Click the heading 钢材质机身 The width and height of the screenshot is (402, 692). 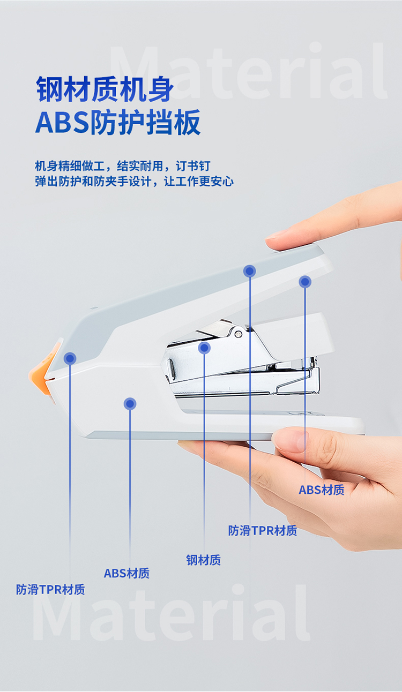click(x=105, y=89)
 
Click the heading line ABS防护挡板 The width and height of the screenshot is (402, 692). click(x=118, y=122)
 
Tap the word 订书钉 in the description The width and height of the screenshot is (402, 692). click(x=193, y=166)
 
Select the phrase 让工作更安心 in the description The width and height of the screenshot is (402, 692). click(x=199, y=182)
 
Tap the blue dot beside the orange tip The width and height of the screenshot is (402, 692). click(x=70, y=358)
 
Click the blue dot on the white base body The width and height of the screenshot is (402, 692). click(x=130, y=404)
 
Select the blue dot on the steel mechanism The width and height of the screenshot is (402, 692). click(x=204, y=348)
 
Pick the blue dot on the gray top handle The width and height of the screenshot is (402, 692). click(x=250, y=271)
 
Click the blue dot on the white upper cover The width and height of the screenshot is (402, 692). click(x=305, y=282)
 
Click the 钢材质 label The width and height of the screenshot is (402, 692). click(x=204, y=560)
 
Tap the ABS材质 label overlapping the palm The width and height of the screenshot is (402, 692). click(x=321, y=490)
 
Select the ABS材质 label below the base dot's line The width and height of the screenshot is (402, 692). click(x=126, y=574)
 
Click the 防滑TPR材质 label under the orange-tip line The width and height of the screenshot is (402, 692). click(x=50, y=590)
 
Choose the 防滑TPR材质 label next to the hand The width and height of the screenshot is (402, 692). click(x=263, y=530)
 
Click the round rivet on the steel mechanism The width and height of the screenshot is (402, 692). click(x=239, y=334)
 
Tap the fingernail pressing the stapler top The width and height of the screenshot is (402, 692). click(x=274, y=236)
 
